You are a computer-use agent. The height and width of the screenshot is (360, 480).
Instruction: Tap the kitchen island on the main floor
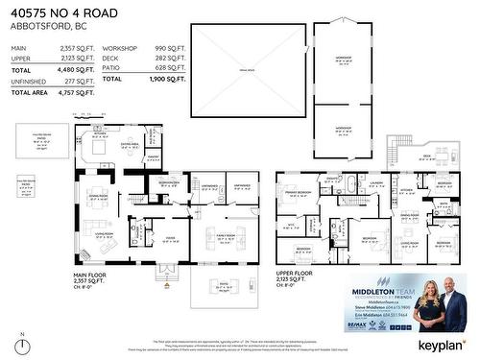[99, 150]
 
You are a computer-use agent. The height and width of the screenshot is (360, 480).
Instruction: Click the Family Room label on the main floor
[227, 234]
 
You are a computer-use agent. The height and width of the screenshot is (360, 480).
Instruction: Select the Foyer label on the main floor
[170, 236]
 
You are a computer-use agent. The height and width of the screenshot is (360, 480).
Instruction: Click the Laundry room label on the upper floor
[375, 182]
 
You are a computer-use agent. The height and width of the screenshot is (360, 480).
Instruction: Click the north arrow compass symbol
[22, 345]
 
